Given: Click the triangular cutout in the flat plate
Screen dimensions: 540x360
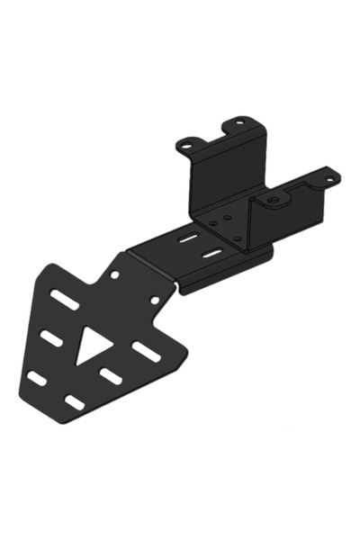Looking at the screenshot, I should click(x=91, y=344).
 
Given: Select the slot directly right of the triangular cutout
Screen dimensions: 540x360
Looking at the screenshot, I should click(x=145, y=350).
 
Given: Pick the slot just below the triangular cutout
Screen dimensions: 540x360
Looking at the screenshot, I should click(x=111, y=373).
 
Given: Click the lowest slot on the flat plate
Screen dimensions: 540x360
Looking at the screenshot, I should click(x=76, y=401).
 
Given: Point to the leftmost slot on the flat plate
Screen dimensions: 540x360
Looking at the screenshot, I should click(x=37, y=378).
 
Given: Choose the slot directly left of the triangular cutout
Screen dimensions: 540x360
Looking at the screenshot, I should click(x=49, y=337).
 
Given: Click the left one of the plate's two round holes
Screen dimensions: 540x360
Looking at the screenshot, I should click(x=114, y=274).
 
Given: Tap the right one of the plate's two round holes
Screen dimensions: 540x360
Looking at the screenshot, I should click(x=154, y=300).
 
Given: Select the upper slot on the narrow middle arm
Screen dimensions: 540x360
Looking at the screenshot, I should click(x=188, y=240).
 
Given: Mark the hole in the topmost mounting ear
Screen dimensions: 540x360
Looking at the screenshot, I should click(x=238, y=123).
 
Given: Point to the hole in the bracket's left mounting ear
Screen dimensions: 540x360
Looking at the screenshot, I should click(x=189, y=143).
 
